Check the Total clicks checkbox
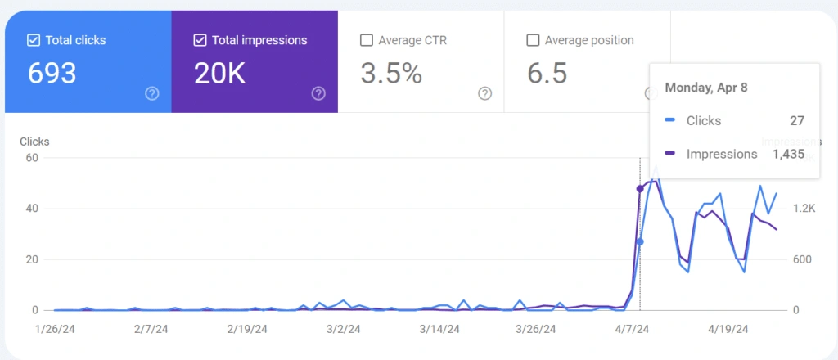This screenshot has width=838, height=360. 33,41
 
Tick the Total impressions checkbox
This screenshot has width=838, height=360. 200,41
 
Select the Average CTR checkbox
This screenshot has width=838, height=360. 366,41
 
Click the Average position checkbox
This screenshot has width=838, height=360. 533,41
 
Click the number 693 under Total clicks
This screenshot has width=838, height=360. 52,73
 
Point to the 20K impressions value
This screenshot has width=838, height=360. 219,73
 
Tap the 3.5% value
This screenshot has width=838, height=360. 391,73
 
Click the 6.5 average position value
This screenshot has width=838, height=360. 547,73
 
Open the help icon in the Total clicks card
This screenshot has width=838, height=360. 151,94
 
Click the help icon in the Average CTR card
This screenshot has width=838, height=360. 484,94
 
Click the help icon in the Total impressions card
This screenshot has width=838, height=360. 318,94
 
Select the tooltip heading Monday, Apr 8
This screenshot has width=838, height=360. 706,88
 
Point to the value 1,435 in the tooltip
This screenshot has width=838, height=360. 788,155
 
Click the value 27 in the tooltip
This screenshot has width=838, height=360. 797,121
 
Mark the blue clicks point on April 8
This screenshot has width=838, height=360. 640,242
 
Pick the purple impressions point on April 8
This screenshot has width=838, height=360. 640,188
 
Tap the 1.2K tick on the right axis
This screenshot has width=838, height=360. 804,209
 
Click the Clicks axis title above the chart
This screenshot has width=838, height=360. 34,142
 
